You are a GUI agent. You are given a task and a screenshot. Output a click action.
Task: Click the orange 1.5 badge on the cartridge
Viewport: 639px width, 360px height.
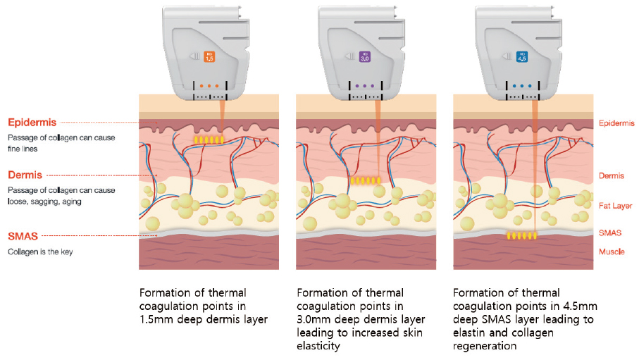209,57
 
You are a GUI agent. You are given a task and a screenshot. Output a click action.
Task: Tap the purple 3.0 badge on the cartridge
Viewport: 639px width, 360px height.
364,57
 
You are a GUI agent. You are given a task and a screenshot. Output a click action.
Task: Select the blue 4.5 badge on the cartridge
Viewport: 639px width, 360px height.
521,57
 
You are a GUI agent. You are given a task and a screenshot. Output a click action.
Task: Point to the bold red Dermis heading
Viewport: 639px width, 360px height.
25,174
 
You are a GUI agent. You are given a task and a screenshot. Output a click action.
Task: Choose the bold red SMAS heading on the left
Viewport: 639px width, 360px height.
23,237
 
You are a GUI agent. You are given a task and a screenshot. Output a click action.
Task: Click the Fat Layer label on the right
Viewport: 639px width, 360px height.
616,205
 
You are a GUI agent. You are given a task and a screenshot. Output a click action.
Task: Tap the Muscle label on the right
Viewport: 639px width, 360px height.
612,252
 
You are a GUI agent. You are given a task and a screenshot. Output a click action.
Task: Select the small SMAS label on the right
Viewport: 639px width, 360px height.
609,232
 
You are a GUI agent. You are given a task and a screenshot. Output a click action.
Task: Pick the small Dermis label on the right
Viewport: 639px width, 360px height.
612,176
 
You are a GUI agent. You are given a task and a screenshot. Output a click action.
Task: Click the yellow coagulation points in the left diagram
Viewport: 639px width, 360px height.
209,140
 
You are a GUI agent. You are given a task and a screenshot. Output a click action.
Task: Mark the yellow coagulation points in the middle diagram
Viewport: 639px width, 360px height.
365,181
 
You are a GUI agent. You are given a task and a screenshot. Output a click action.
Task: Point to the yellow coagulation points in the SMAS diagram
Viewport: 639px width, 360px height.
522,235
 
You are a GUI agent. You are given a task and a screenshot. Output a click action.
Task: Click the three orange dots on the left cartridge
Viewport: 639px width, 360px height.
209,87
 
